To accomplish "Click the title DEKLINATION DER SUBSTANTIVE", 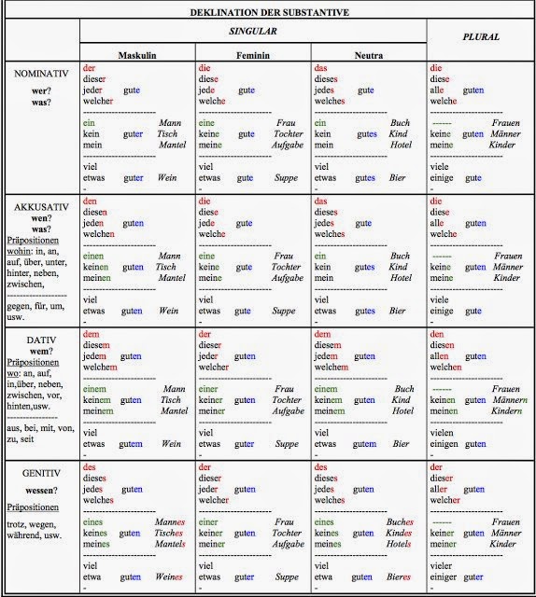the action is click(x=268, y=12).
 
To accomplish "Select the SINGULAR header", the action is click(x=253, y=32).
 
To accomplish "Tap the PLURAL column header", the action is click(x=480, y=37).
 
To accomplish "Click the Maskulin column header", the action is click(x=136, y=56).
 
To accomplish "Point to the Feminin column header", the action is click(x=252, y=56).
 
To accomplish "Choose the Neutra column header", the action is click(x=368, y=56).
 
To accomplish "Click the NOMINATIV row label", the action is click(x=40, y=74).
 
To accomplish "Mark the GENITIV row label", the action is click(x=40, y=473).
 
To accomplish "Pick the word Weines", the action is click(x=169, y=577).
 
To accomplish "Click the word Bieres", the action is click(x=399, y=577).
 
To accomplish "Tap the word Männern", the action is click(x=510, y=400).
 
